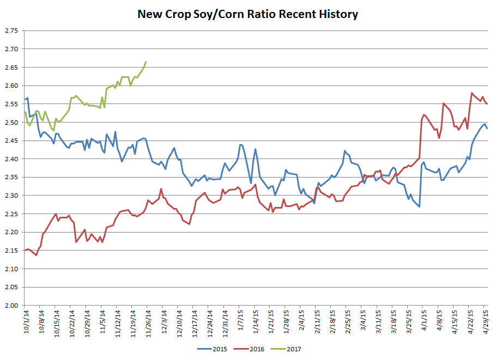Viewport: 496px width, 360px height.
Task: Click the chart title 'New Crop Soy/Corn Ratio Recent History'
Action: pyautogui.click(x=247, y=14)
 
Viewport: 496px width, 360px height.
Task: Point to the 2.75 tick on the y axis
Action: pyautogui.click(x=11, y=31)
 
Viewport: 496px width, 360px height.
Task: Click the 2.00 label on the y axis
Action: pyautogui.click(x=11, y=306)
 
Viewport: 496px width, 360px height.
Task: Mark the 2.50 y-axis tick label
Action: pyautogui.click(x=11, y=123)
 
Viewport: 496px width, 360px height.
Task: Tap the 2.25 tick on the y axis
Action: pyautogui.click(x=11, y=214)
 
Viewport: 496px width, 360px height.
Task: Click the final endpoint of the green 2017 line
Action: pyautogui.click(x=146, y=62)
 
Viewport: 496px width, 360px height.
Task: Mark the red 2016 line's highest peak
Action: pyautogui.click(x=471, y=93)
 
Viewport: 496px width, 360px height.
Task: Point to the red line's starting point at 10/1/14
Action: pyautogui.click(x=25, y=251)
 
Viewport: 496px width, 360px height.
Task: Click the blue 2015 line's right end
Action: pyautogui.click(x=487, y=128)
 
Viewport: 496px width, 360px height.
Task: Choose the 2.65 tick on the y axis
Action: pyautogui.click(x=11, y=68)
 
